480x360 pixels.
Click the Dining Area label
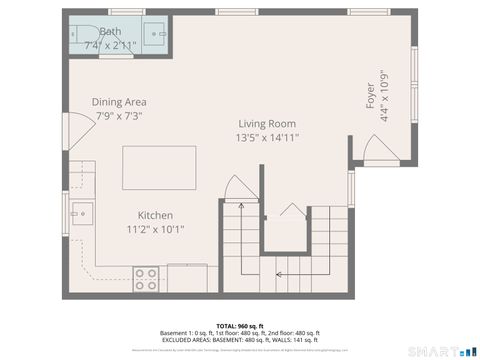(x=119, y=102)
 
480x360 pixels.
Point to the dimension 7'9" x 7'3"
(x=119, y=117)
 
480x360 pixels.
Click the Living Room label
(x=267, y=123)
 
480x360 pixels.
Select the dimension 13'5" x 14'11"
(x=267, y=138)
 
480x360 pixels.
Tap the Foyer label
(x=371, y=101)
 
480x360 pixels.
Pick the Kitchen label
(x=155, y=215)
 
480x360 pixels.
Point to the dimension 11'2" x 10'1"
(x=155, y=229)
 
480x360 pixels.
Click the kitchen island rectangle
(x=151, y=167)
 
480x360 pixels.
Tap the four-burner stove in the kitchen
(x=146, y=277)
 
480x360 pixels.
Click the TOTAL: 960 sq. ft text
(x=239, y=327)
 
